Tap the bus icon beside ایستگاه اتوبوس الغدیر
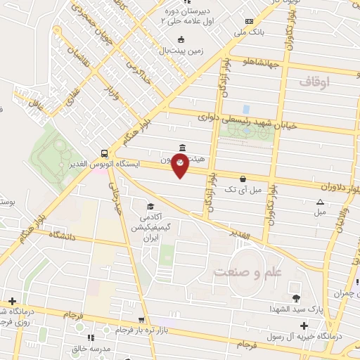104,153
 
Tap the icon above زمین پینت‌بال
182,39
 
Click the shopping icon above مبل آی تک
243,179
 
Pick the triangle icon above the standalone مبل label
320,202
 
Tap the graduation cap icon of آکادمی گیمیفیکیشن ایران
149,207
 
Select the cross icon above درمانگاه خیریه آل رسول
303,326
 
